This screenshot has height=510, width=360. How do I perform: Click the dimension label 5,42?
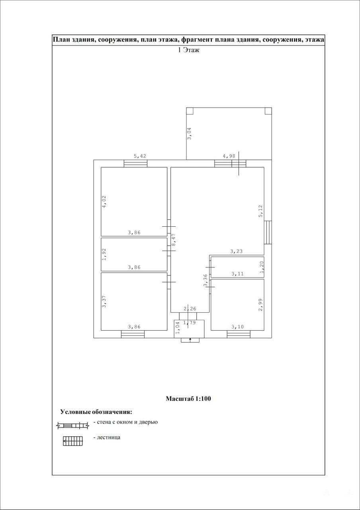point(140,156)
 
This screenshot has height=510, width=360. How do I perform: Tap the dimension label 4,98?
point(229,156)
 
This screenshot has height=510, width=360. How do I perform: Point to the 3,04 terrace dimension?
point(189,133)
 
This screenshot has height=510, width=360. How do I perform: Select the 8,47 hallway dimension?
point(173,240)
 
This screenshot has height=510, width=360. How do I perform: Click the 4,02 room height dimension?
point(104,202)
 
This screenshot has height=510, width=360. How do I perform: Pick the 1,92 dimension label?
point(104,254)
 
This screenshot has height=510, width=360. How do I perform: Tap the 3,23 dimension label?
point(237,251)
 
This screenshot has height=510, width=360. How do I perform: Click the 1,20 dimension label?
point(262,267)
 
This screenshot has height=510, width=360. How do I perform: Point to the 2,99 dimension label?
point(260,305)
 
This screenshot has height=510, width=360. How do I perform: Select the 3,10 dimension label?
point(238,327)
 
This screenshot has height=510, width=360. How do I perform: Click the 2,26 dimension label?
point(190,309)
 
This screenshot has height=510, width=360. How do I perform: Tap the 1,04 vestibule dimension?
point(178,328)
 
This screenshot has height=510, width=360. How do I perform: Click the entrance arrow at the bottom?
point(190,340)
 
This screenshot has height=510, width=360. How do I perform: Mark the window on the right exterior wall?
point(268,232)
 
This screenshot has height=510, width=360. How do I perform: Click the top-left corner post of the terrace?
point(190,111)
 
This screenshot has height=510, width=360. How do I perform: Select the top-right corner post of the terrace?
point(268,111)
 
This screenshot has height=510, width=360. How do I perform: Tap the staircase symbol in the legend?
point(73,441)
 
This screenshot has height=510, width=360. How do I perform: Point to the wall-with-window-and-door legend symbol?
point(72,425)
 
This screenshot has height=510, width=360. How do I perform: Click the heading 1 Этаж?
point(188,50)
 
